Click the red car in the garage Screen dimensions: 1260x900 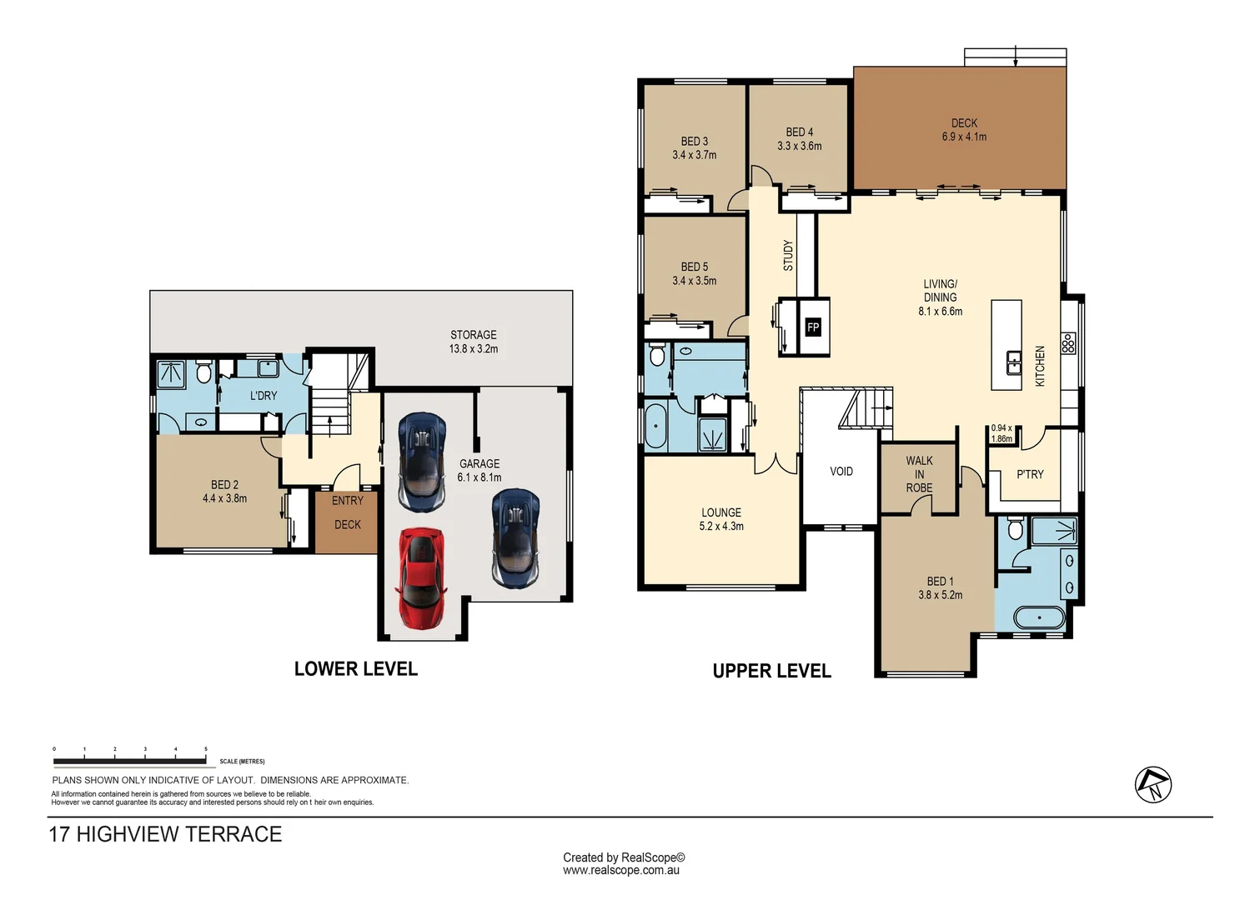point(421,577)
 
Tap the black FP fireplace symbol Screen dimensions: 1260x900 point(813,327)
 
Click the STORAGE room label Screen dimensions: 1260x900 point(473,334)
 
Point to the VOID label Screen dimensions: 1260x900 point(841,471)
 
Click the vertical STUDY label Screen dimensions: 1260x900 point(788,256)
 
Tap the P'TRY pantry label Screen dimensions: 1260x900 point(1030,474)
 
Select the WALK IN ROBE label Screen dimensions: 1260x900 point(919,474)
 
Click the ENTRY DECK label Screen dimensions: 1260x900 point(347,512)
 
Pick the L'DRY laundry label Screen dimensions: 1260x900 point(264,396)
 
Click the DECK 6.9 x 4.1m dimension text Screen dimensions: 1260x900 point(964,137)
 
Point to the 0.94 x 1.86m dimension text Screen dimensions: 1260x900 point(1001,433)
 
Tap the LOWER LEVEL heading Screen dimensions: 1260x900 point(356,669)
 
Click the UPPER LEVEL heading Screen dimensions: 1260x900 point(771,671)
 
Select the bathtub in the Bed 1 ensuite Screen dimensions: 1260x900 point(1039,617)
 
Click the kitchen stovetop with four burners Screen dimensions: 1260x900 point(1067,342)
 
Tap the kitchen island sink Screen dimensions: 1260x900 point(1014,362)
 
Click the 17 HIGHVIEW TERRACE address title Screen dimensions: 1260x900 point(165,834)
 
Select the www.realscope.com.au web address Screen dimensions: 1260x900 point(621,870)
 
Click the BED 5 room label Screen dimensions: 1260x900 point(694,267)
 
